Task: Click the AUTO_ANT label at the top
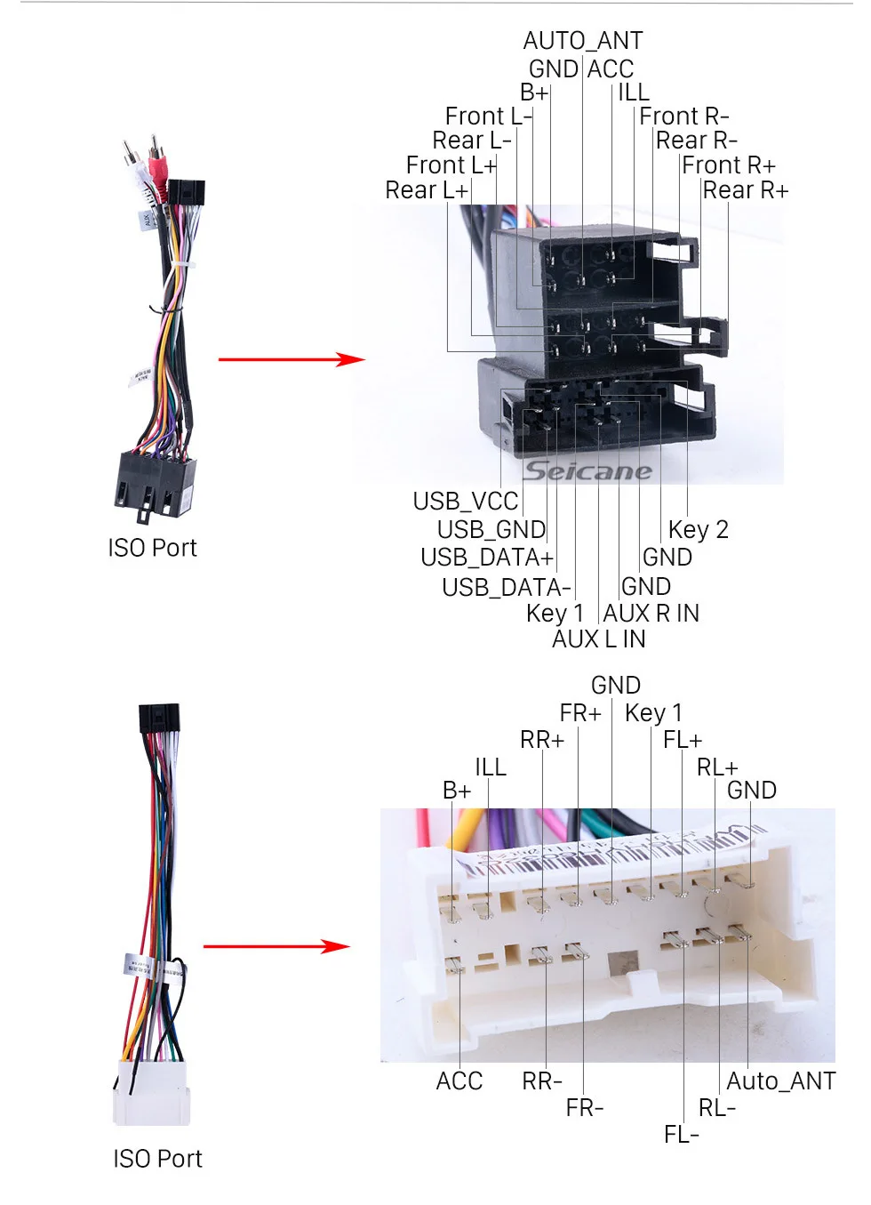pos(583,40)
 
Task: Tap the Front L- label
pos(488,116)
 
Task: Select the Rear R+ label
pos(746,190)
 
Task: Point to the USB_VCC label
pos(466,502)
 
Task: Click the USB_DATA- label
pos(506,588)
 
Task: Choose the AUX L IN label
pos(598,639)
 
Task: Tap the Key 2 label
pos(699,530)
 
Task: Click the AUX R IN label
pos(651,614)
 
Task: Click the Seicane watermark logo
pos(587,471)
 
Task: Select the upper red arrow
pos(292,358)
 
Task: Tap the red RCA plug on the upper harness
pos(157,160)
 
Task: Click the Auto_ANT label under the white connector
pos(781,1081)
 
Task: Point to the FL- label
pos(681,1135)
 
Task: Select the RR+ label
pos(542,740)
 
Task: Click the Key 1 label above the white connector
pos(653,713)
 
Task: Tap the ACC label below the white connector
pos(459,1081)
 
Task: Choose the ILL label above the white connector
pos(491,767)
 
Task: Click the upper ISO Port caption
pos(153,548)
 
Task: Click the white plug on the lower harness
pos(152,1092)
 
